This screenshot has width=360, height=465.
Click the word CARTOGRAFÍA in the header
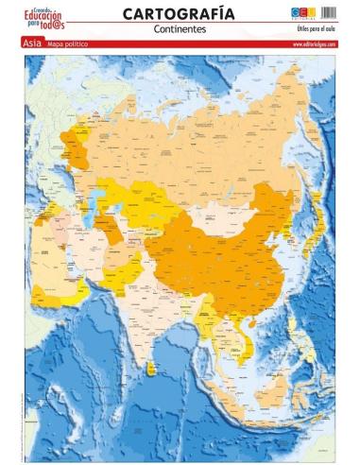[x=180, y=13]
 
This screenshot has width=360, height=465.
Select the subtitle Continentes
[x=180, y=29]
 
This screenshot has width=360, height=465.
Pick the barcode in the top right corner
[x=329, y=12]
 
